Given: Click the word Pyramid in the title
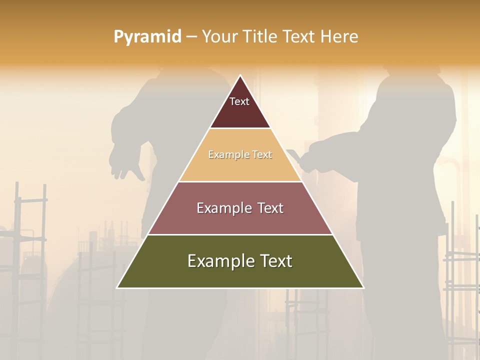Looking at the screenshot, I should coord(147,37).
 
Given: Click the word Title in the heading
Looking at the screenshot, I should coord(259,37).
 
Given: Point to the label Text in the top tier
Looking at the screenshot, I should coord(239,101).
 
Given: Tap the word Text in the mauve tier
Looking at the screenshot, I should coord(268,208).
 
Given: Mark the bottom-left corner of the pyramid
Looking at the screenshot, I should coord(117,287).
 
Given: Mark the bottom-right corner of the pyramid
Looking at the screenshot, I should coord(363,287).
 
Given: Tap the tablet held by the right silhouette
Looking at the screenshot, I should coord(295,156).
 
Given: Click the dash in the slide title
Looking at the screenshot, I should coord(191,37).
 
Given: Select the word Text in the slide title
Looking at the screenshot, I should coord(300,37).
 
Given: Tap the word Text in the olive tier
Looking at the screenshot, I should coord(274,261).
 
